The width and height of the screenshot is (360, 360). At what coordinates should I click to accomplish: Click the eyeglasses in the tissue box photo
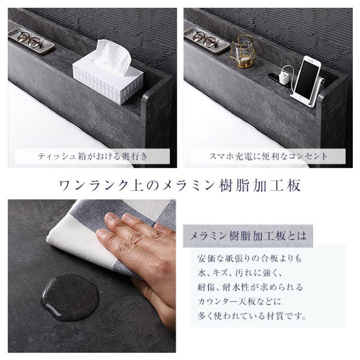pyautogui.click(x=31, y=40)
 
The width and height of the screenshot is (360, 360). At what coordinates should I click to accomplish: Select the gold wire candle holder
pyautogui.click(x=242, y=52)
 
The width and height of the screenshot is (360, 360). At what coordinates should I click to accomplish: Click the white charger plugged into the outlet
pyautogui.click(x=284, y=77)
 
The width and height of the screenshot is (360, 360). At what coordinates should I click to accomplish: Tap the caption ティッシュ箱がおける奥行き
pyautogui.click(x=93, y=157)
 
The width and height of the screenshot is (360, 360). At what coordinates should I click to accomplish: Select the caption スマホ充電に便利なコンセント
pyautogui.click(x=269, y=157)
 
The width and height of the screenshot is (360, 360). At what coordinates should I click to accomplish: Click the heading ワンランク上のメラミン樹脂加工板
pyautogui.click(x=180, y=185)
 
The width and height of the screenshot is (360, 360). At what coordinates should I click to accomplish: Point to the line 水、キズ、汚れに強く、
pyautogui.click(x=238, y=273)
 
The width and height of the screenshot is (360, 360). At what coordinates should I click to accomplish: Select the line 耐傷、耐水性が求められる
pyautogui.click(x=250, y=287)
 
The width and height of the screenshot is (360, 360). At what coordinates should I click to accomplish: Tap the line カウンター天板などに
pyautogui.click(x=239, y=301)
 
